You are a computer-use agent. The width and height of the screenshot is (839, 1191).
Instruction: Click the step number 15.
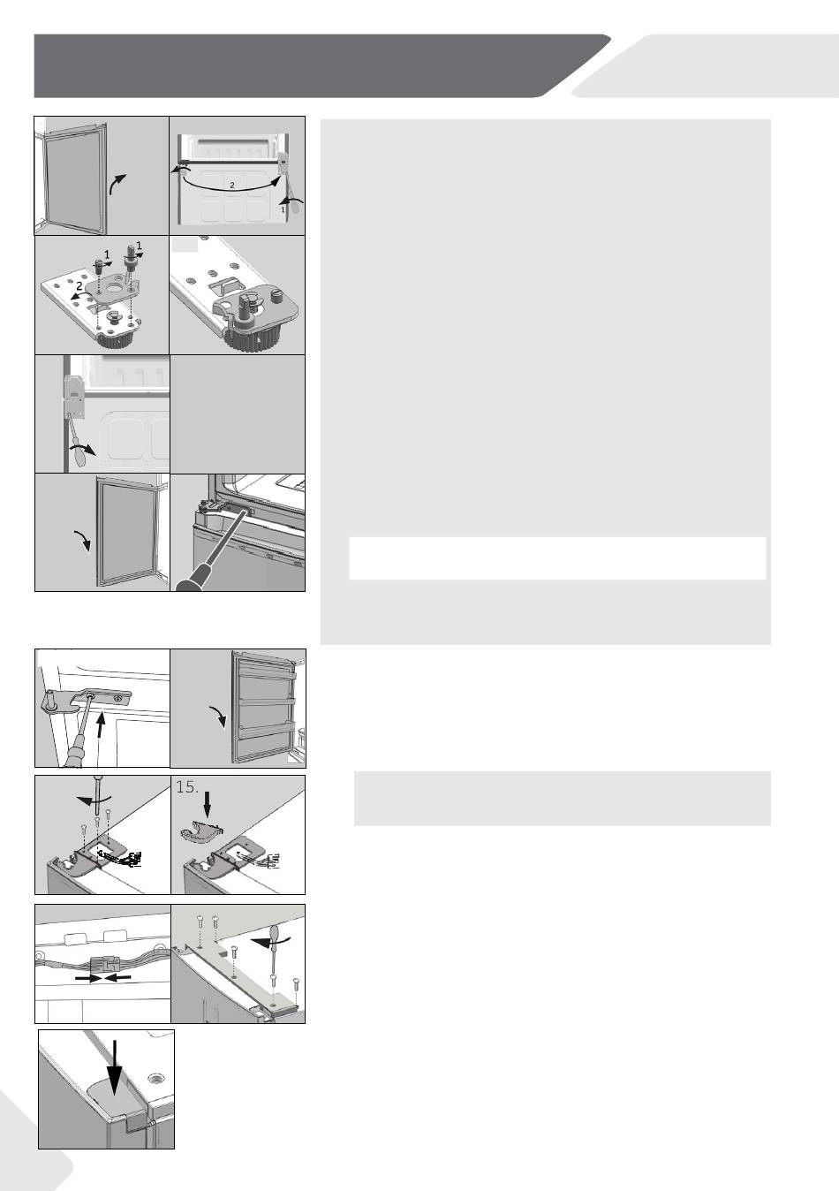tap(186, 786)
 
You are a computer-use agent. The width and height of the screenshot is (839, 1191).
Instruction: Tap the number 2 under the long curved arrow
tap(231, 186)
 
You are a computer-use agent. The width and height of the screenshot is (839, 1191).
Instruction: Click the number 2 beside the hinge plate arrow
tap(79, 285)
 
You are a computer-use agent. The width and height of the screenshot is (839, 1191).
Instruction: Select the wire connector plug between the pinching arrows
tap(103, 964)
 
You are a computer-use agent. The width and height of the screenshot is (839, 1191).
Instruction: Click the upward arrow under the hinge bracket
tap(102, 728)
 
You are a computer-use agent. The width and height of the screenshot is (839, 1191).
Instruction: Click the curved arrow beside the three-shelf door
tap(218, 716)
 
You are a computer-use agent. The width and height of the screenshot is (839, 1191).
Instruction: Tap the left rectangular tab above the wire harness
tap(76, 937)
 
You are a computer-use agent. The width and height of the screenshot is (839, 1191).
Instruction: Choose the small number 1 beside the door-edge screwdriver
tap(283, 209)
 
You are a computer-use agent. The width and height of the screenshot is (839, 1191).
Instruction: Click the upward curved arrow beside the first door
tap(117, 184)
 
